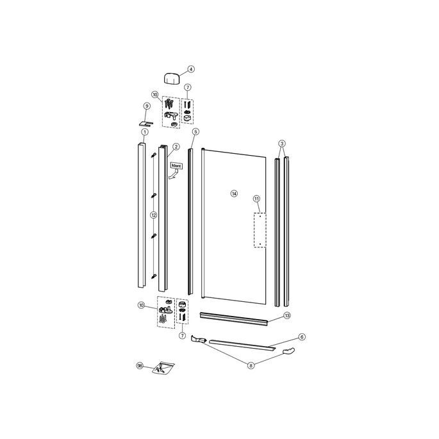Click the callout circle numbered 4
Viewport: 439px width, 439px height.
coord(190,69)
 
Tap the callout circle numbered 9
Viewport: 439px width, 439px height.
coord(147,106)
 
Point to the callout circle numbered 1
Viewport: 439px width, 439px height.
coord(145,132)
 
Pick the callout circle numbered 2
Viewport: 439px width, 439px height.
coord(176,146)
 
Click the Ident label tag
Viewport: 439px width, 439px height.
coord(176,166)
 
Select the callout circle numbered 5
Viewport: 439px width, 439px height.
coord(196,132)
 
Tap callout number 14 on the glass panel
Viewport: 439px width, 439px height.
coord(234,193)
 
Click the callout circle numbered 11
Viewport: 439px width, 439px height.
coord(257,199)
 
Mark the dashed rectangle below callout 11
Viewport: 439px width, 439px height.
coord(260,230)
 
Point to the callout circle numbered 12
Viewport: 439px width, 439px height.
coord(154,215)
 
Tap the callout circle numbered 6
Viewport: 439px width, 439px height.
coord(302,336)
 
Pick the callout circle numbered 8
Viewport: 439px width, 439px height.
coord(251,365)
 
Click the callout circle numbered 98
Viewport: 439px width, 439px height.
coord(140,366)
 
